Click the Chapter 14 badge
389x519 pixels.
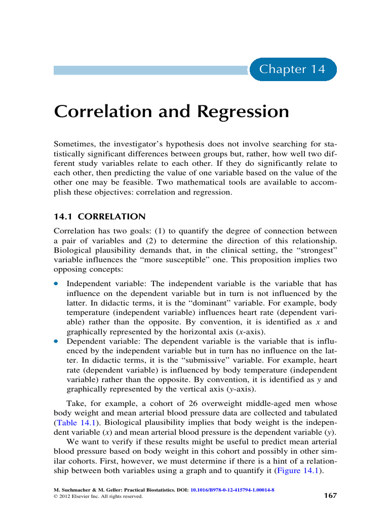point(292,69)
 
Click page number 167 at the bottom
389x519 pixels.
point(330,495)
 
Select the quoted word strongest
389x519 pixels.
point(315,250)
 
